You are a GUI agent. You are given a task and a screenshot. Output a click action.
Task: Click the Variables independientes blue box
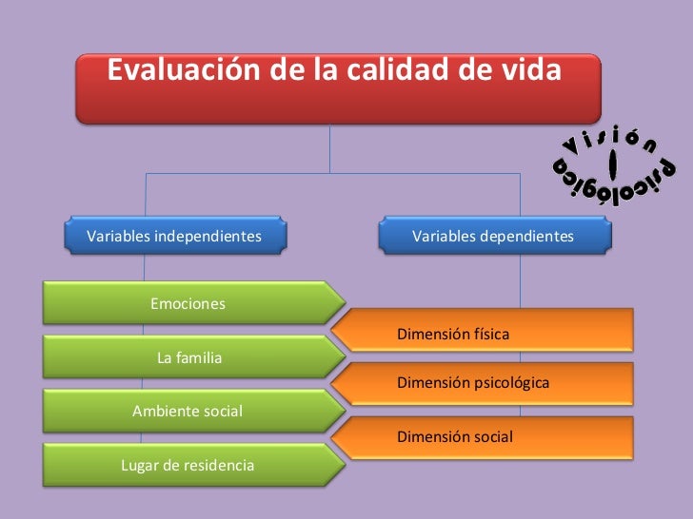(176, 237)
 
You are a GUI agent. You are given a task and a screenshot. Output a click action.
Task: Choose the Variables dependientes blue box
(494, 237)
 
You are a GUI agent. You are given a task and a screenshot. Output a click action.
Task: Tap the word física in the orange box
(492, 335)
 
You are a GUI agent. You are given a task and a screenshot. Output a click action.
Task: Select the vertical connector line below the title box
(330, 148)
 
